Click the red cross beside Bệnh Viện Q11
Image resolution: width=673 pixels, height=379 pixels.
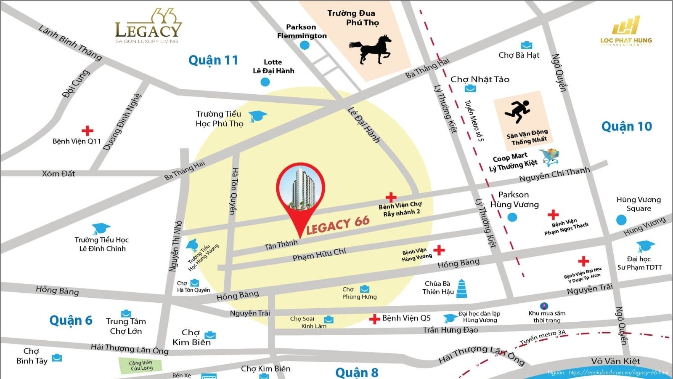tap(87, 130)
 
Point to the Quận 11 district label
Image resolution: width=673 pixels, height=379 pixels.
tap(213, 60)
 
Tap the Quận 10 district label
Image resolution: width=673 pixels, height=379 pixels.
tap(626, 126)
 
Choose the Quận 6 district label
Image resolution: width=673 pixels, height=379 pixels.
tap(71, 320)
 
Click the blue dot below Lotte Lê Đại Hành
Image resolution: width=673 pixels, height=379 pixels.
tap(265, 82)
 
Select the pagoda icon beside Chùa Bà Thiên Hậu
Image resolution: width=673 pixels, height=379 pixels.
tap(461, 288)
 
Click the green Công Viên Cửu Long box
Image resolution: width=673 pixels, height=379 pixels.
tap(141, 365)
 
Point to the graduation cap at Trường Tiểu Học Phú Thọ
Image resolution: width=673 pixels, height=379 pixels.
tap(257, 116)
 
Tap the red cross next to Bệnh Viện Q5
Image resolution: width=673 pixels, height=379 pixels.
tap(374, 319)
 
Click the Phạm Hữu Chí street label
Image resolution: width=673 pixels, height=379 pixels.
tap(319, 254)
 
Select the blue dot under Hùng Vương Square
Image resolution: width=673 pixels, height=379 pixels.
tap(621, 219)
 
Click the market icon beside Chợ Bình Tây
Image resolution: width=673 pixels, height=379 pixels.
tap(57, 358)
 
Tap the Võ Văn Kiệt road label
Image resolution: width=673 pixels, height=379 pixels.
tap(615, 361)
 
